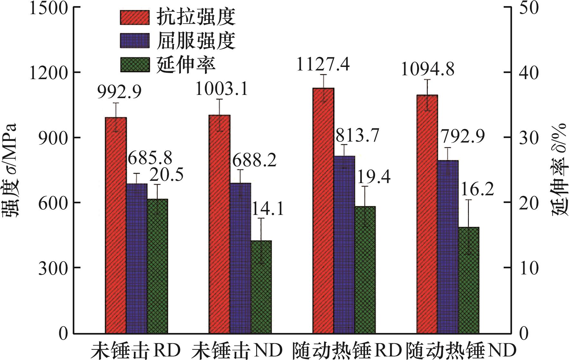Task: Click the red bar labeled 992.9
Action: tap(116, 225)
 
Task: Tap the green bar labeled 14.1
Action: tap(261, 287)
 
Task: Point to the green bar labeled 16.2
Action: tap(469, 280)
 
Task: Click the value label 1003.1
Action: tap(222, 89)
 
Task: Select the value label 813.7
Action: tap(358, 135)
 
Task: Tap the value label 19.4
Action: tap(374, 177)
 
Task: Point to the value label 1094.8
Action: tap(428, 69)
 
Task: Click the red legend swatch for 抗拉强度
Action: tap(135, 17)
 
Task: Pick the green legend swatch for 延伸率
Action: tap(135, 64)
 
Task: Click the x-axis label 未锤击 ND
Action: tap(237, 350)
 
